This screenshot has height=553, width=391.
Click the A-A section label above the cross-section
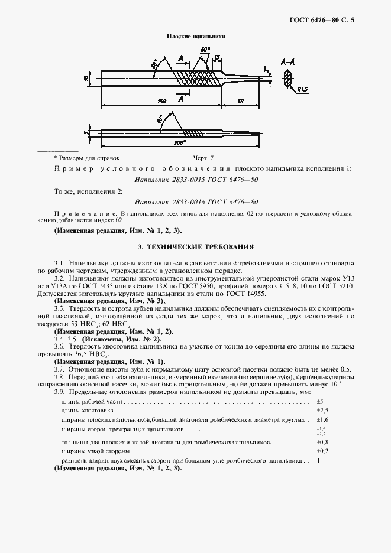click(x=289, y=61)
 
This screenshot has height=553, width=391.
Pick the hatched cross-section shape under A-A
click(x=288, y=77)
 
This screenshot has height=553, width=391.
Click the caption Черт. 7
click(x=203, y=158)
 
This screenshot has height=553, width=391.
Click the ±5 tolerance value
click(x=320, y=401)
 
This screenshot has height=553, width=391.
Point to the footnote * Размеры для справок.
click(x=87, y=158)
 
